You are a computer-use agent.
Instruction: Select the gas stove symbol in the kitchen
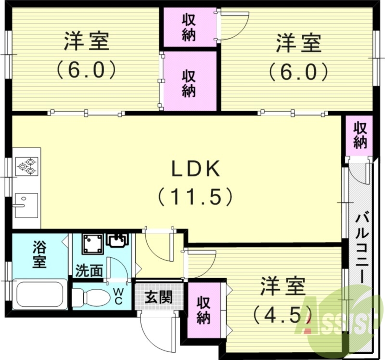coord(26,166)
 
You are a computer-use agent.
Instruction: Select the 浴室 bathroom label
coord(39,255)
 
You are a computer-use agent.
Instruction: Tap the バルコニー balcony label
coord(362,250)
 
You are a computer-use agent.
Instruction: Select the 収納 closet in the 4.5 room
coord(204,310)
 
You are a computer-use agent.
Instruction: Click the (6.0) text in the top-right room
coord(298,72)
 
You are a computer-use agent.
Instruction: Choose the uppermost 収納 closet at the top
coord(189,27)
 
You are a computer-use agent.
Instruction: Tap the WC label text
coord(118,296)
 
